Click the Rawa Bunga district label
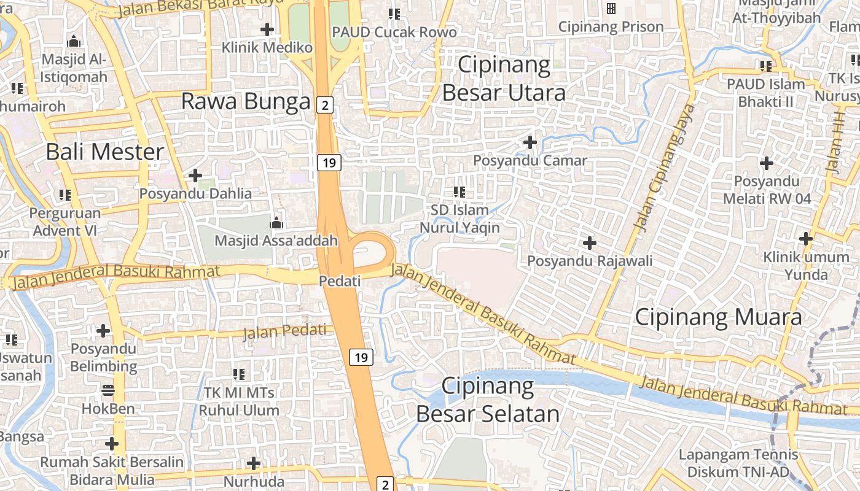click(246, 101)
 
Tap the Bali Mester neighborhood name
click(105, 152)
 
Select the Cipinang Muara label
click(718, 317)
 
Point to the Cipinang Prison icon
click(611, 9)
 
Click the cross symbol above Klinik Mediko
click(267, 29)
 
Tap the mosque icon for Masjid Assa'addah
click(276, 222)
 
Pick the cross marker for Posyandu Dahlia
click(195, 176)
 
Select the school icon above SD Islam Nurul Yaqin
click(459, 192)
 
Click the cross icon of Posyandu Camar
click(530, 142)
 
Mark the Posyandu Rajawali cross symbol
click(590, 243)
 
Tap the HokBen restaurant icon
click(108, 390)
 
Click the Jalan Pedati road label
click(285, 331)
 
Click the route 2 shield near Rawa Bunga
click(325, 105)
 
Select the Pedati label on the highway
click(340, 280)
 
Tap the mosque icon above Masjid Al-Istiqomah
click(74, 42)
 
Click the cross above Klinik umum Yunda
click(806, 239)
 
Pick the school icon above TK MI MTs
click(239, 374)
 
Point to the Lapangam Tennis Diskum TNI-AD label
click(738, 463)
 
